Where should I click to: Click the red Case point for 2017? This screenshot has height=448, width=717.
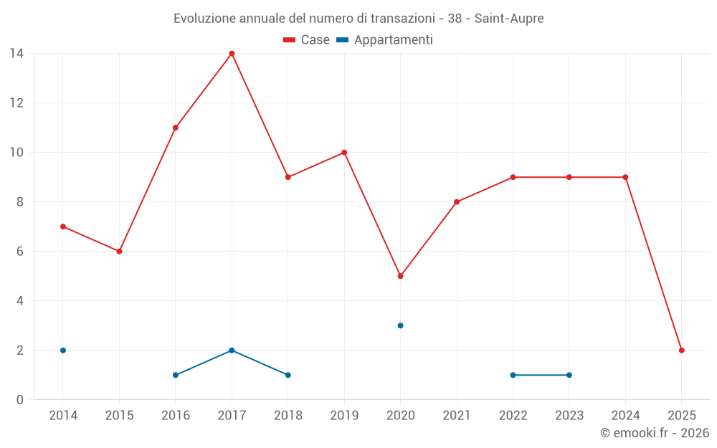click(x=232, y=53)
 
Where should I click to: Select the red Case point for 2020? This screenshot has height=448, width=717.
click(x=400, y=276)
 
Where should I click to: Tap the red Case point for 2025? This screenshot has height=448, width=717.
click(x=682, y=351)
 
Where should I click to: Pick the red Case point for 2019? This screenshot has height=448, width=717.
click(x=344, y=152)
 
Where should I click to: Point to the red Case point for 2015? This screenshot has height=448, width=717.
click(x=119, y=252)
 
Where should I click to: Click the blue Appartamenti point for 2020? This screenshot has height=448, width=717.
click(x=400, y=325)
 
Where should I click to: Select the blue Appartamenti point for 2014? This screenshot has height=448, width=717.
click(x=63, y=351)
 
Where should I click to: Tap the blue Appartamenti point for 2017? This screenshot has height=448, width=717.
click(x=232, y=351)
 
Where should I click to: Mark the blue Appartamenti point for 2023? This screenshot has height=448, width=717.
click(x=569, y=375)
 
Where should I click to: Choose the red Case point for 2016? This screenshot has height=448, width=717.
click(x=176, y=128)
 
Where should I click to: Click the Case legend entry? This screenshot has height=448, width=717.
click(x=307, y=40)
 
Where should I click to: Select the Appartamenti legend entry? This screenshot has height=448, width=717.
click(x=385, y=40)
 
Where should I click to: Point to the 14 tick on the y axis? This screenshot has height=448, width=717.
click(x=16, y=53)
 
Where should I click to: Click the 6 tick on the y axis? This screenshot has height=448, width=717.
click(x=20, y=252)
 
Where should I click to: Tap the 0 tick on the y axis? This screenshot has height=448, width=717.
click(x=20, y=400)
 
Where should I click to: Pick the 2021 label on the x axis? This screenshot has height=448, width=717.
click(x=457, y=416)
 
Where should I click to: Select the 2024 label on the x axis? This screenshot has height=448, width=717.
click(x=625, y=416)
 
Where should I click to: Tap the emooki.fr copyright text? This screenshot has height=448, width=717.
click(x=655, y=433)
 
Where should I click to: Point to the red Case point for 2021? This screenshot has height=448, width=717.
click(x=457, y=202)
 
